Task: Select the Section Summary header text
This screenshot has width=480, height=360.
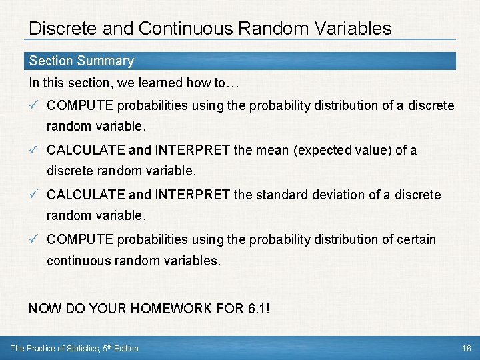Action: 81,61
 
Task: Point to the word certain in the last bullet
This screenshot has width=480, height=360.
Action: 415,239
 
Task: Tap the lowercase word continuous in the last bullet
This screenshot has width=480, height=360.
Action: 78,261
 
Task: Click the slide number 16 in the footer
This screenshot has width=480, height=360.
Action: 465,348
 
